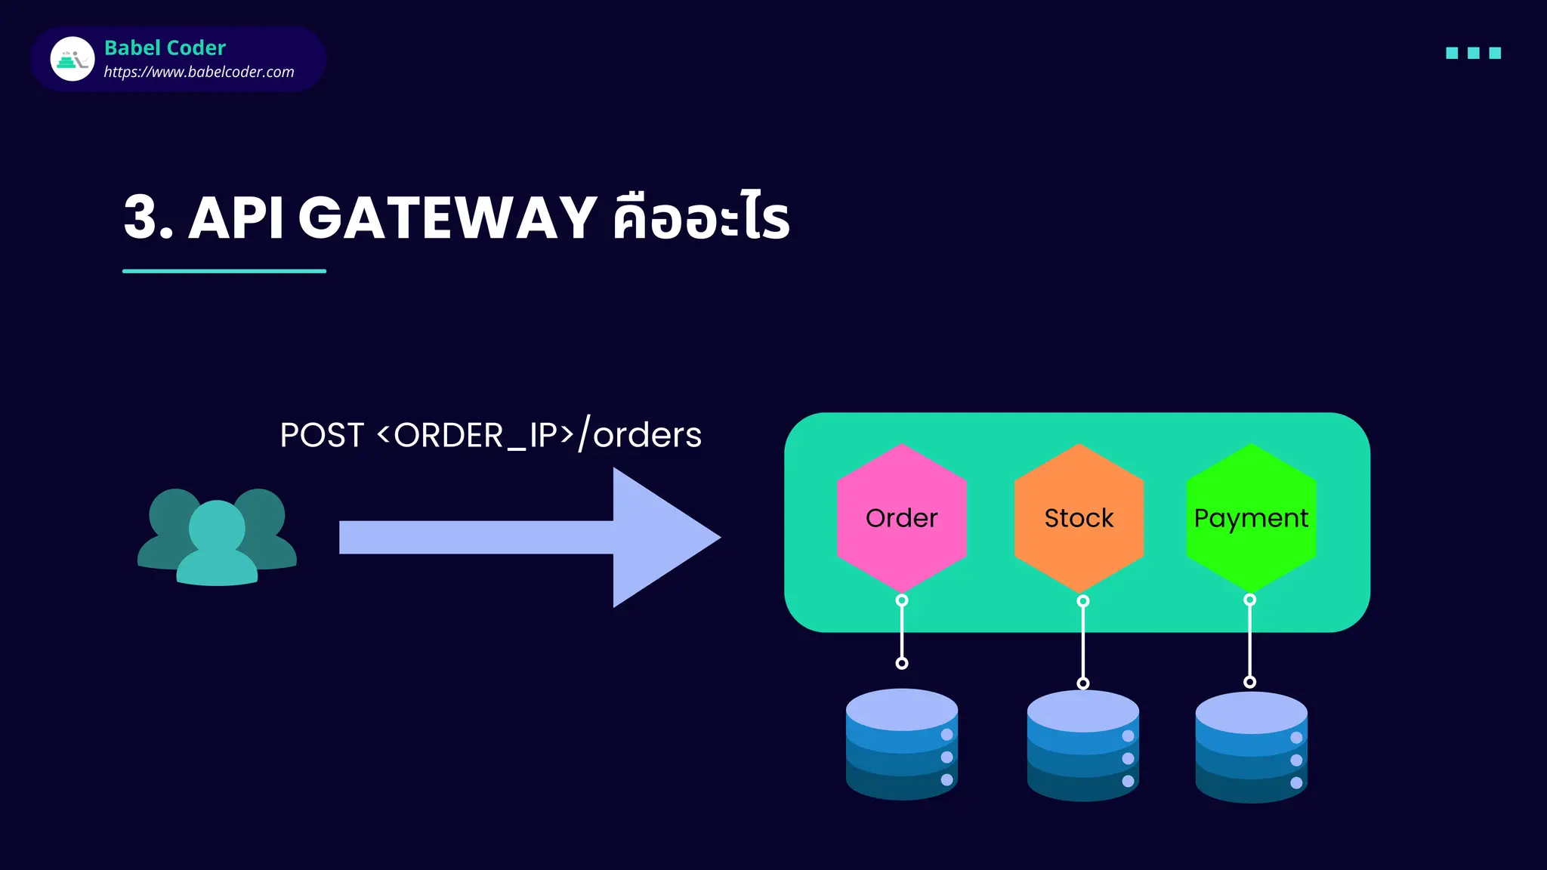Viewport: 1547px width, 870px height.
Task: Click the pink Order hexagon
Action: tap(901, 518)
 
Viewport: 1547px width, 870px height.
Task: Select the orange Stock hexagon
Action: tap(1079, 518)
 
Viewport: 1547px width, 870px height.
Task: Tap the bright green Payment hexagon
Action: tap(1251, 518)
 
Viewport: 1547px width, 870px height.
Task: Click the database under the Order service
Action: tap(901, 744)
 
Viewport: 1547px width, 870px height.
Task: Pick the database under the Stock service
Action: tap(1082, 745)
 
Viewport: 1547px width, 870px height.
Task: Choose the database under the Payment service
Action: tap(1251, 747)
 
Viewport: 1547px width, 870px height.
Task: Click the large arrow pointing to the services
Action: tap(529, 537)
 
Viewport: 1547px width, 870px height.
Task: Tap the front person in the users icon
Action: tap(217, 545)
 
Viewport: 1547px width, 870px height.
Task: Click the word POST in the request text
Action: tap(322, 435)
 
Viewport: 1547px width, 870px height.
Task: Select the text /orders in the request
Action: tap(641, 435)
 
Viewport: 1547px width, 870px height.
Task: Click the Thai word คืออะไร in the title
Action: tap(701, 217)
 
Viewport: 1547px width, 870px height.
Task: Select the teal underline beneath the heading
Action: tap(224, 270)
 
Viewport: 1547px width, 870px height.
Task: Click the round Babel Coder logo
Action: tap(73, 59)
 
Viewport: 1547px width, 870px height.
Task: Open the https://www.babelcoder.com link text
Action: tap(199, 72)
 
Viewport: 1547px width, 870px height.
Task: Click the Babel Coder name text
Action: tap(165, 48)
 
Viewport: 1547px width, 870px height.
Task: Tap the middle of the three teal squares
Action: tap(1473, 53)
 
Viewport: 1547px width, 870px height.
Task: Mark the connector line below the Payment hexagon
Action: tap(1249, 642)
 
